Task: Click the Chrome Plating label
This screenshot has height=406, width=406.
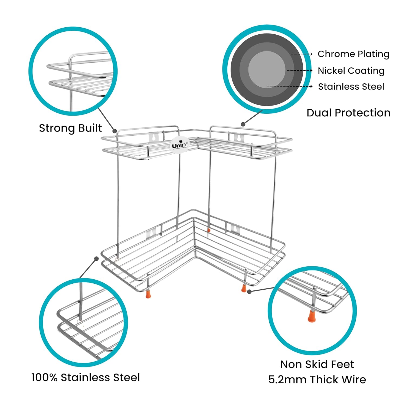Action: pos(353,54)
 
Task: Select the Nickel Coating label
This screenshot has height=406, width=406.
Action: pos(351,71)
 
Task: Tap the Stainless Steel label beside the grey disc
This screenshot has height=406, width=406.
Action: pos(351,87)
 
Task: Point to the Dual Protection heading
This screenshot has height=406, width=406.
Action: pos(349,113)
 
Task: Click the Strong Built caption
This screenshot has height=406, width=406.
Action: pos(70,128)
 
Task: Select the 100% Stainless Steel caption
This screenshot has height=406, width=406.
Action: pos(86,377)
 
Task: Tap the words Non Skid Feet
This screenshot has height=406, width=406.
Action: pos(317,364)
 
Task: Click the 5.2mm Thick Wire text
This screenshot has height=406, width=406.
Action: pos(317,379)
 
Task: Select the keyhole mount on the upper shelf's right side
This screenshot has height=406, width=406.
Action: pos(239,137)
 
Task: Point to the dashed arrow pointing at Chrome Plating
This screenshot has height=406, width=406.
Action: pos(302,54)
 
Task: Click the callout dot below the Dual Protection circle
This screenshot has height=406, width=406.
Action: pos(243,124)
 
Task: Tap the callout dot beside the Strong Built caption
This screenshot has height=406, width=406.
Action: pos(114,131)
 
